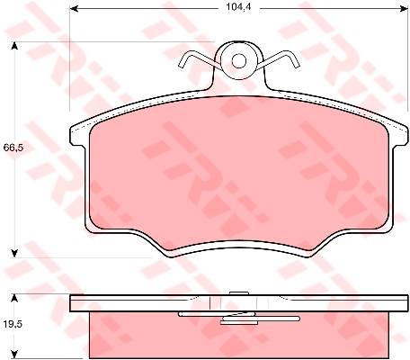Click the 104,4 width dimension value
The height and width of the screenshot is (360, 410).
click(238, 7)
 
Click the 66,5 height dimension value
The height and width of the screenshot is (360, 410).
click(13, 148)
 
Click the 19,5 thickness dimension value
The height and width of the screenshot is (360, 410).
click(13, 324)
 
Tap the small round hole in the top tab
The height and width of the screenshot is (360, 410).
click(239, 61)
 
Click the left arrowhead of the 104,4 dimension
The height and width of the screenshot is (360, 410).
click(74, 9)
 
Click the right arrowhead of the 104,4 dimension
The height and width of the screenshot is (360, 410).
click(404, 9)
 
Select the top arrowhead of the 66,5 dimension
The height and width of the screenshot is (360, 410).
click(13, 46)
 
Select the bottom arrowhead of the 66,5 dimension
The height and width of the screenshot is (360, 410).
click(13, 254)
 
